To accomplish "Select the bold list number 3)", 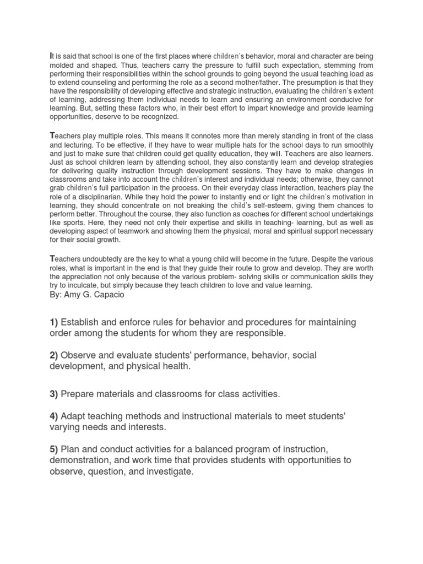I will click(x=54, y=394).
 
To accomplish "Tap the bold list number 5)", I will click(x=54, y=448).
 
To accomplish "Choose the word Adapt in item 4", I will click(x=74, y=416).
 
